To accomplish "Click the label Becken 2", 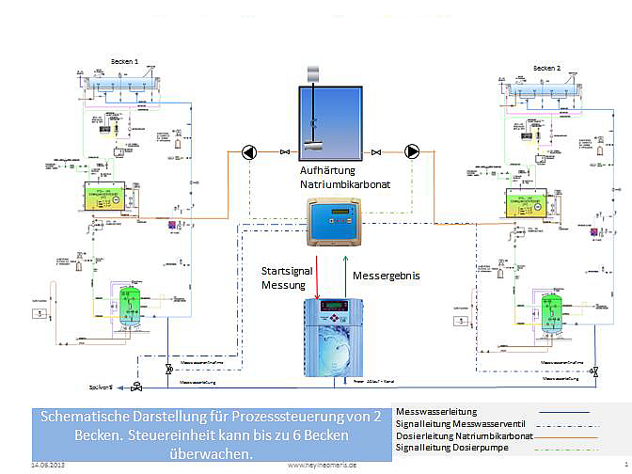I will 546,68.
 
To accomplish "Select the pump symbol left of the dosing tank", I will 247,151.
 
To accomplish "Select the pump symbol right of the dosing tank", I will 413,151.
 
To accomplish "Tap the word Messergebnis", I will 386,277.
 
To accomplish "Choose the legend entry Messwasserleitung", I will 437,412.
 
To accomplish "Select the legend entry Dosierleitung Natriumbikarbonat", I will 466,435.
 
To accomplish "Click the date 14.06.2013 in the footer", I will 47,465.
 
